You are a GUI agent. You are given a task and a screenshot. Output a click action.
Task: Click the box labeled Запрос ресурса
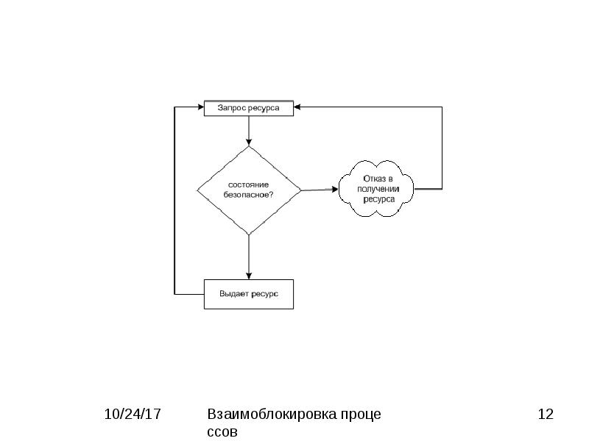click(x=249, y=108)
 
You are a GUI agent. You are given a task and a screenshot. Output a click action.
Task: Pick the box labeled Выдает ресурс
click(x=249, y=295)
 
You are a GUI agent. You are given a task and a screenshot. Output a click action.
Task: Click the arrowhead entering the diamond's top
click(x=249, y=142)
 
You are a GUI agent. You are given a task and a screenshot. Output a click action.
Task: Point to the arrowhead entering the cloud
click(x=334, y=190)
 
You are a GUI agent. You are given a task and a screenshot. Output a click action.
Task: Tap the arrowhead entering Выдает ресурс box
click(x=249, y=276)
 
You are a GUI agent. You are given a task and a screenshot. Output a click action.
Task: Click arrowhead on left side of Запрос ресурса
click(x=200, y=107)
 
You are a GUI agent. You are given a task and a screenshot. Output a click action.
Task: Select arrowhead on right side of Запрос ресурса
click(x=297, y=107)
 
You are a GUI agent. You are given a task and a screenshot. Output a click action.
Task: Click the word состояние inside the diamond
click(x=248, y=184)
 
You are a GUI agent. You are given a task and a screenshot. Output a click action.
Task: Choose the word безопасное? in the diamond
click(x=248, y=195)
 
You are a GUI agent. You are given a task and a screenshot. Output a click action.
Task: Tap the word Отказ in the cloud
click(x=373, y=179)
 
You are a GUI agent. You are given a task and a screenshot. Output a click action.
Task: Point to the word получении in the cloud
click(x=378, y=189)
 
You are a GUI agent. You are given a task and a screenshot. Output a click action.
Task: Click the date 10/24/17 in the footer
click(x=133, y=415)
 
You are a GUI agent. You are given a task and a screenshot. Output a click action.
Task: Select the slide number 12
click(x=546, y=415)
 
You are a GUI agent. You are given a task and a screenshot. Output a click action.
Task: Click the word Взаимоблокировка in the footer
click(x=272, y=415)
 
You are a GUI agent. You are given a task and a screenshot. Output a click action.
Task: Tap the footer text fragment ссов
click(x=222, y=431)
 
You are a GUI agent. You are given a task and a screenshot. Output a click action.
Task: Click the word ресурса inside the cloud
click(x=379, y=199)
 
